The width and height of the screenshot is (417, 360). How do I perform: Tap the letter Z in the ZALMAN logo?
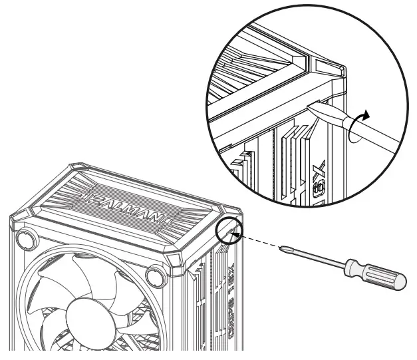[x=95, y=195]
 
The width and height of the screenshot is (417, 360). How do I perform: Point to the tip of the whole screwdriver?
[x=284, y=249]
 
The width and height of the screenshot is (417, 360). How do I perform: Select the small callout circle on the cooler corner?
[x=229, y=230]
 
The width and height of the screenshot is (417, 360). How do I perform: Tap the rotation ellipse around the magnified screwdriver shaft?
[x=354, y=128]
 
